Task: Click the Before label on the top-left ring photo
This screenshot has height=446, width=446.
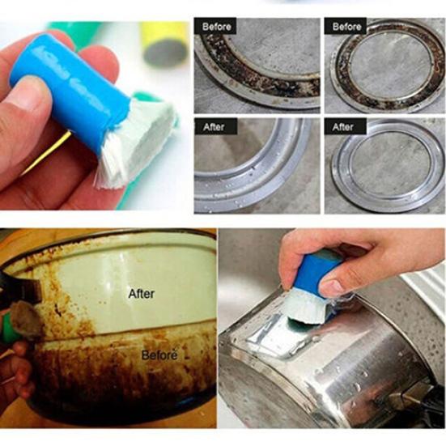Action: pos(216,27)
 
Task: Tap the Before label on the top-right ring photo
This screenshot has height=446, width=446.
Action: pos(346,27)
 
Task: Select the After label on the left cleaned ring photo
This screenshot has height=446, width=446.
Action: pos(214,127)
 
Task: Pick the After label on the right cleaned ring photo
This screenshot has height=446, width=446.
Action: pos(342,127)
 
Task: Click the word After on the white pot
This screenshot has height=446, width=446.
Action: pos(142,294)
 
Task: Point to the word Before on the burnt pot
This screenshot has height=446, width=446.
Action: pos(159,355)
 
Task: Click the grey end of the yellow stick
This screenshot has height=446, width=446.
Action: pos(166,53)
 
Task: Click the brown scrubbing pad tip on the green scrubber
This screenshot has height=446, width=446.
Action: pos(27,320)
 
